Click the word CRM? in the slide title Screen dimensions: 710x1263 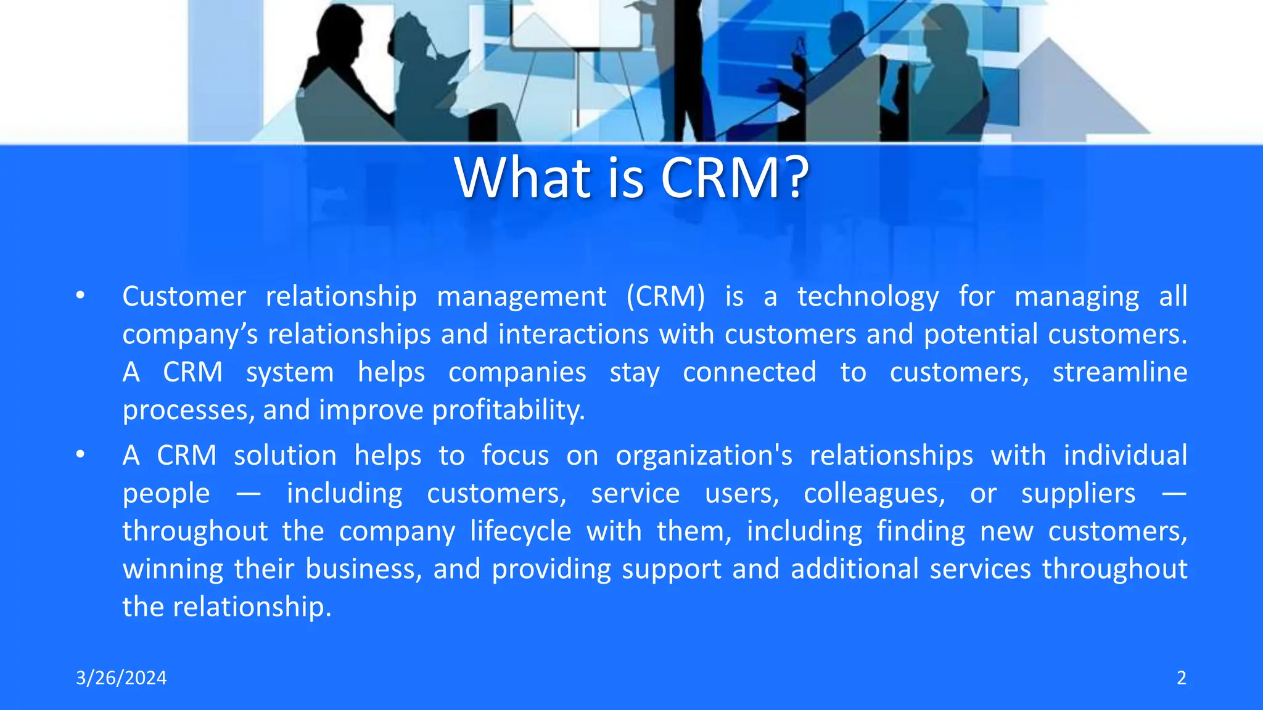pyautogui.click(x=734, y=178)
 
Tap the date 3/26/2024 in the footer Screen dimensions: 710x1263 pyautogui.click(x=121, y=678)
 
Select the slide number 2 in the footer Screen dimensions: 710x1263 pyautogui.click(x=1181, y=678)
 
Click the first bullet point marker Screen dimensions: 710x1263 pyautogui.click(x=80, y=296)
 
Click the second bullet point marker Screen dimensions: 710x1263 pyautogui.click(x=80, y=455)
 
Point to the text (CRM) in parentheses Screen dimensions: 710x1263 pyautogui.click(x=665, y=296)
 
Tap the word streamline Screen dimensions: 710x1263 pyautogui.click(x=1119, y=372)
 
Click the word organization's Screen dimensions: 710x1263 pyautogui.click(x=704, y=456)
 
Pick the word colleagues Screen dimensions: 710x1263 pyautogui.click(x=874, y=494)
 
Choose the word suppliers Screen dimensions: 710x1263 pyautogui.click(x=1078, y=494)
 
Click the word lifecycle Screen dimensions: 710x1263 pyautogui.click(x=520, y=531)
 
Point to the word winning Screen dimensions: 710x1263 pyautogui.click(x=173, y=569)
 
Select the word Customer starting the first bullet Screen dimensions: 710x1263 pyautogui.click(x=184, y=296)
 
